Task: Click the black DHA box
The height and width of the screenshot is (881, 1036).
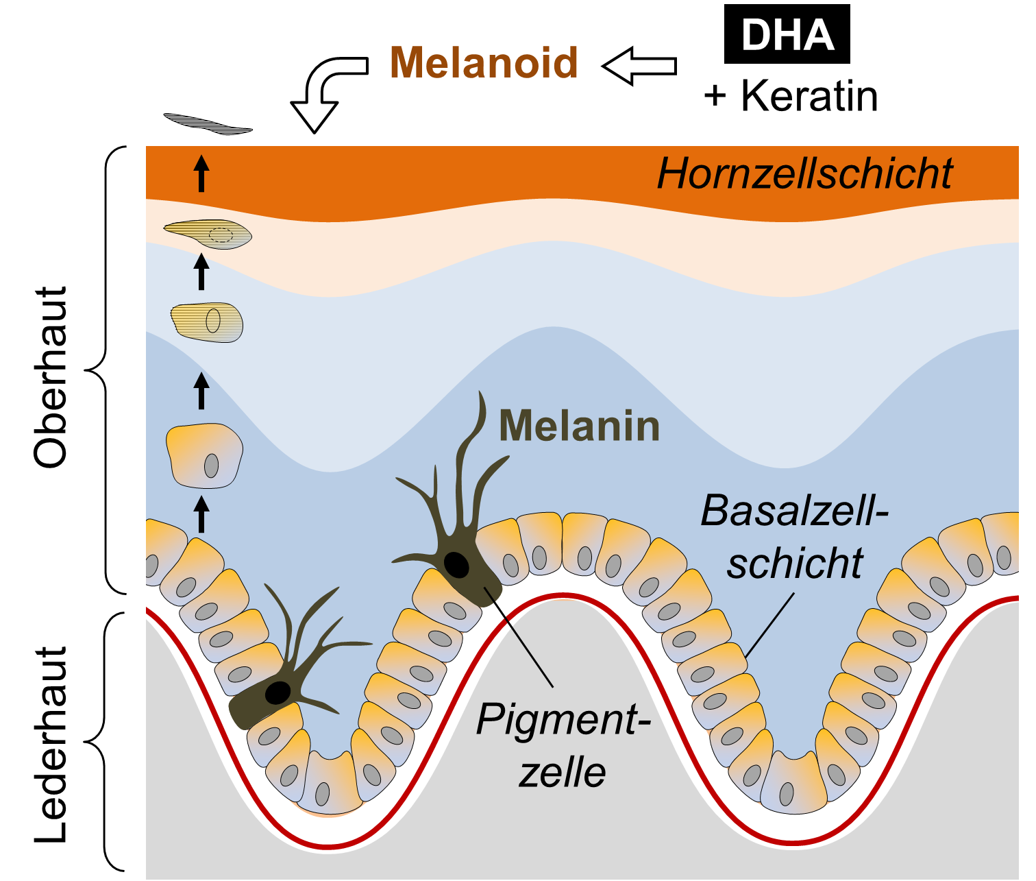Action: pyautogui.click(x=787, y=34)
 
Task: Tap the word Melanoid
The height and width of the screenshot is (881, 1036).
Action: pyautogui.click(x=484, y=62)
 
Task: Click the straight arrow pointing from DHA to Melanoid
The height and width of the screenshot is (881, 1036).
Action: pyautogui.click(x=639, y=66)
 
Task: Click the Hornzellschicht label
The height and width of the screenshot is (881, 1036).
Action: pyautogui.click(x=804, y=173)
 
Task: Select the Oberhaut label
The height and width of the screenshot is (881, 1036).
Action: pyautogui.click(x=50, y=377)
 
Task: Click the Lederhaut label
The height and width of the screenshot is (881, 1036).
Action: pyautogui.click(x=50, y=745)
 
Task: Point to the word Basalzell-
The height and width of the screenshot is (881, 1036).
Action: pyautogui.click(x=794, y=511)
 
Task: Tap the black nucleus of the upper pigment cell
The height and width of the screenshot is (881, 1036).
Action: pyautogui.click(x=456, y=565)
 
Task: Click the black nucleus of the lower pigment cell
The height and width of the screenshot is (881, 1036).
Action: pyautogui.click(x=277, y=692)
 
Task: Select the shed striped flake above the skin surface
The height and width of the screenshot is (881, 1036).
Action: pyautogui.click(x=208, y=124)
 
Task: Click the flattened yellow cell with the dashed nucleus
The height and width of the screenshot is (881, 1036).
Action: pyautogui.click(x=208, y=234)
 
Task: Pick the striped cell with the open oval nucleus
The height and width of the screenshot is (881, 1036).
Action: pyautogui.click(x=206, y=322)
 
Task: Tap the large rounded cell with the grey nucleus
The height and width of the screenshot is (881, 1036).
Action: pyautogui.click(x=204, y=456)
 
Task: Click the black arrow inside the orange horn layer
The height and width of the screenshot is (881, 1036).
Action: pyautogui.click(x=201, y=173)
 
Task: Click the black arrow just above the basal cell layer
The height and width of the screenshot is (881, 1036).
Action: pyautogui.click(x=201, y=514)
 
